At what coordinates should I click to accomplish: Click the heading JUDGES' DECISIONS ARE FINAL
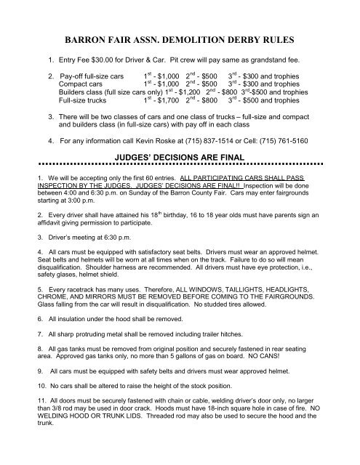coord(179,155)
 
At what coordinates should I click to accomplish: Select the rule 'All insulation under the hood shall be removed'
coord(105,318)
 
